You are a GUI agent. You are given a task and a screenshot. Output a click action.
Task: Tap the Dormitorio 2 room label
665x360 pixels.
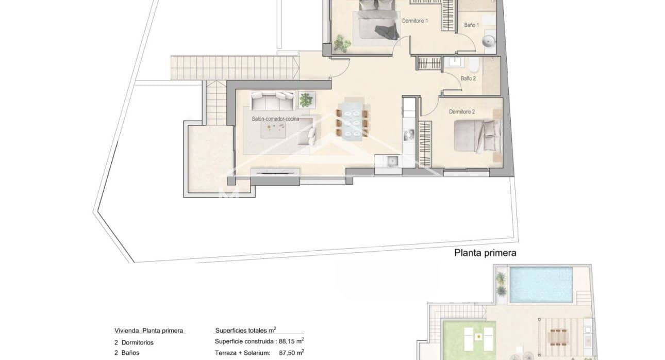tap(461, 112)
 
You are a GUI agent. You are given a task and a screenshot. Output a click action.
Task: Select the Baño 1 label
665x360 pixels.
tap(471, 25)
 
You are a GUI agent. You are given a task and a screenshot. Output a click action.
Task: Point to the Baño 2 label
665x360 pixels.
tap(468, 79)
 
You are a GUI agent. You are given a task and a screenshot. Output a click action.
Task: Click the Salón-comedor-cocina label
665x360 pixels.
tap(275, 119)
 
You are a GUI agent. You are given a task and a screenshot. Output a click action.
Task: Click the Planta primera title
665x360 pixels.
tap(485, 253)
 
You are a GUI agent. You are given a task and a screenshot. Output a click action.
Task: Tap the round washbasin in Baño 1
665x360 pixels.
tap(488, 41)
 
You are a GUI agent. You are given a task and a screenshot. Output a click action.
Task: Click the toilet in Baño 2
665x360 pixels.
tap(474, 64)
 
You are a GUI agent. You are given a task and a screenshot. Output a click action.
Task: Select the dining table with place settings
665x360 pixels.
tap(352, 123)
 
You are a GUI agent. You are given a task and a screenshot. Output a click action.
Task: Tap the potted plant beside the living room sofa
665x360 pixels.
tap(306, 99)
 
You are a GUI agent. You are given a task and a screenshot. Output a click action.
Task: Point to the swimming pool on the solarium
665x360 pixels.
tap(541, 284)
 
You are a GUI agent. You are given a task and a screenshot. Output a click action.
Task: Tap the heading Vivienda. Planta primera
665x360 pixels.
tap(148, 331)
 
